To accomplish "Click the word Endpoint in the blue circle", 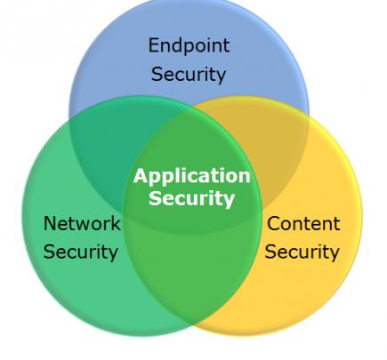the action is point(189,47).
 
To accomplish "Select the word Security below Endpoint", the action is point(189,75).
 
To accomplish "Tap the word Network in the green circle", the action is point(82,223).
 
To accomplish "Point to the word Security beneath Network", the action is point(81,252).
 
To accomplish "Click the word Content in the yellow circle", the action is point(303,223).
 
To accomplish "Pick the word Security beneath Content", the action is point(302,252).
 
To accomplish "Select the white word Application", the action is point(192,177).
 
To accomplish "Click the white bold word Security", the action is point(191,199).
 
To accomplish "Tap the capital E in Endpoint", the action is point(154,45).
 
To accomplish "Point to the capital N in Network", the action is point(50,223).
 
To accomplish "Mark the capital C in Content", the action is point(274,223).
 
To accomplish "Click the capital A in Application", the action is point(141,176).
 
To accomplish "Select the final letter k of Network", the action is point(116,223).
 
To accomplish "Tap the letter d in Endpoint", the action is point(178,45).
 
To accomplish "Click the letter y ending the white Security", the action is point(230,202).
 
